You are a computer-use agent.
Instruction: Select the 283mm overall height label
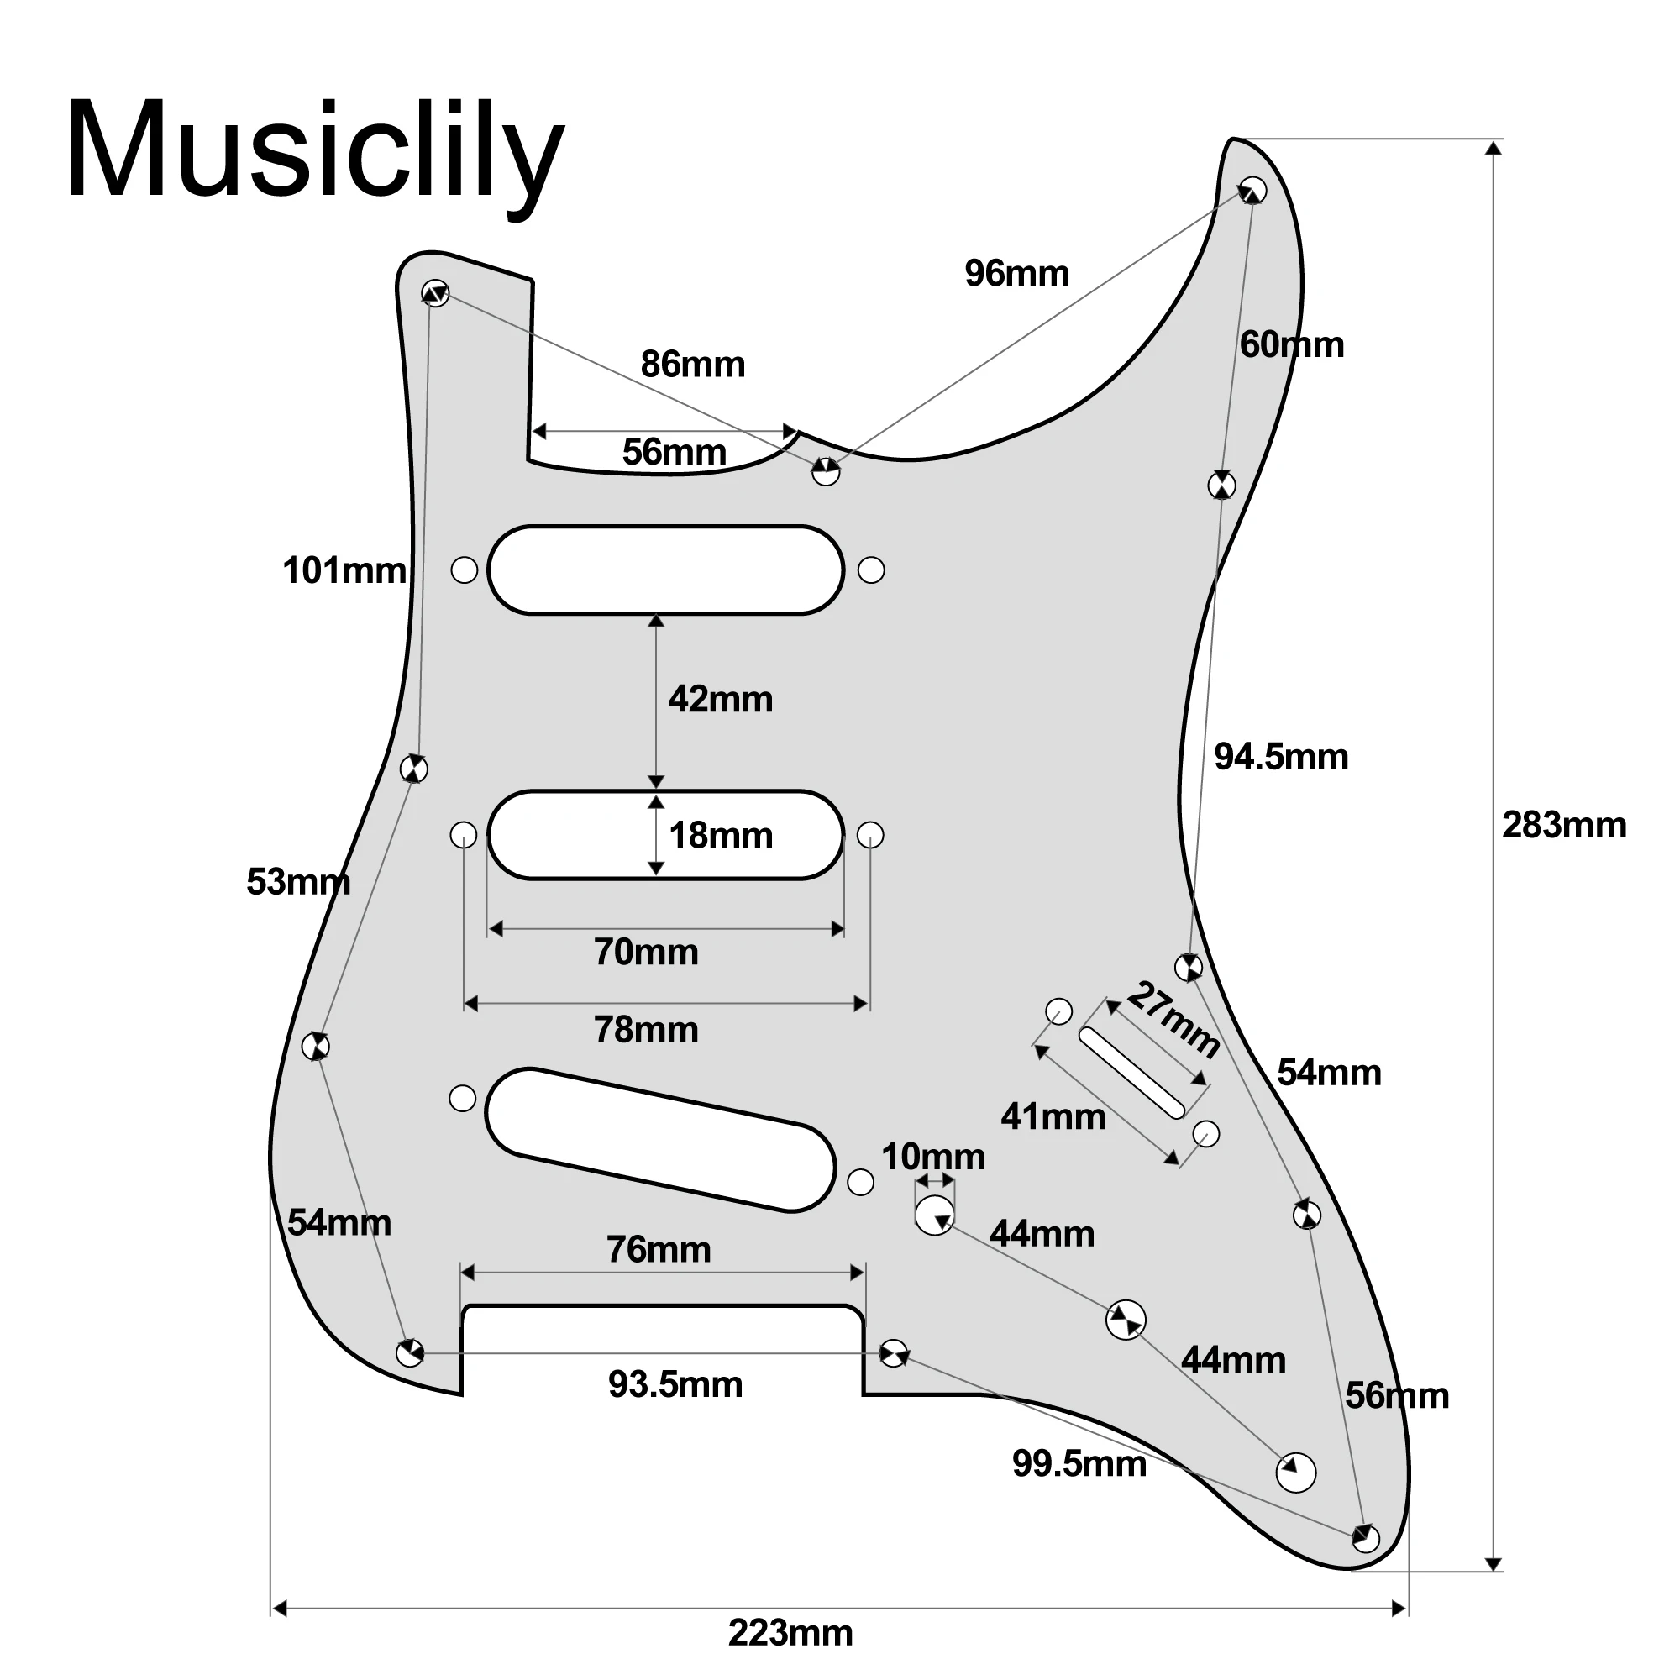(1563, 825)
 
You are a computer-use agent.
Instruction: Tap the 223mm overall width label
(790, 1633)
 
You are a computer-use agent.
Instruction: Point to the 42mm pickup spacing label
(720, 699)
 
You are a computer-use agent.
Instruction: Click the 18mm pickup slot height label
(720, 836)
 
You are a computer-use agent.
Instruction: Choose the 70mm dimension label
(646, 953)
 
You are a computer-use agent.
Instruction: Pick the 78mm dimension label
(646, 1030)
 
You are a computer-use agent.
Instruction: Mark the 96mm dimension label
(1016, 273)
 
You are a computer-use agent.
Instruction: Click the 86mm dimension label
(693, 365)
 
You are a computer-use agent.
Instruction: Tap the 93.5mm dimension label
(675, 1384)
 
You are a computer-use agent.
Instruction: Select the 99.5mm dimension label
(1079, 1463)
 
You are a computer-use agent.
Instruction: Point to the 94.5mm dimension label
(1281, 757)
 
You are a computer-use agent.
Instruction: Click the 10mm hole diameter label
(933, 1157)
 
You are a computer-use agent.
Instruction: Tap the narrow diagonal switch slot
(1132, 1072)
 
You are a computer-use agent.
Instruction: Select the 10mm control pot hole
(935, 1215)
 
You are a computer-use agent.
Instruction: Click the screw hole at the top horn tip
(1253, 190)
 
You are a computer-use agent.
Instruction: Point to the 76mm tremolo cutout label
(659, 1250)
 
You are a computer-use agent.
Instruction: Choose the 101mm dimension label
(344, 570)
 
